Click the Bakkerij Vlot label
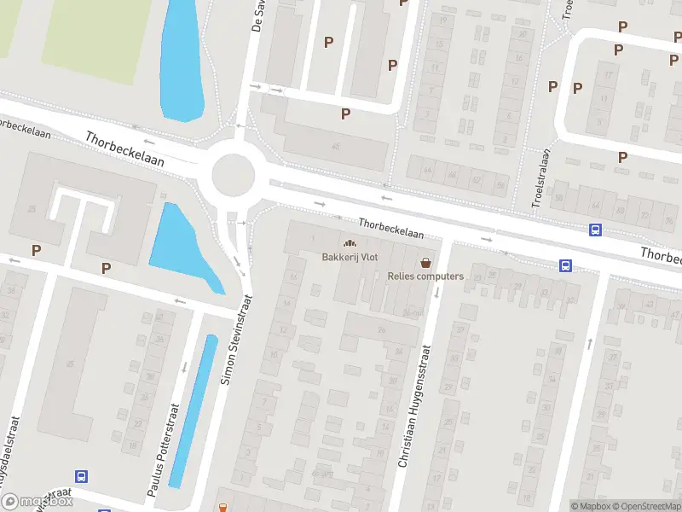pyautogui.click(x=349, y=258)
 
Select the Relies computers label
pyautogui.click(x=425, y=276)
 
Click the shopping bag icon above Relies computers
pyautogui.click(x=425, y=262)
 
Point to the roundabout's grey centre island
pyautogui.click(x=233, y=176)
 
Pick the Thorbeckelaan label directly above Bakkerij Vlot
pyautogui.click(x=391, y=227)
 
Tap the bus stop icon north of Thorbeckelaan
pyautogui.click(x=595, y=230)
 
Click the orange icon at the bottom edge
pyautogui.click(x=223, y=508)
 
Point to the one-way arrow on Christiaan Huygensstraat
pyautogui.click(x=436, y=293)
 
